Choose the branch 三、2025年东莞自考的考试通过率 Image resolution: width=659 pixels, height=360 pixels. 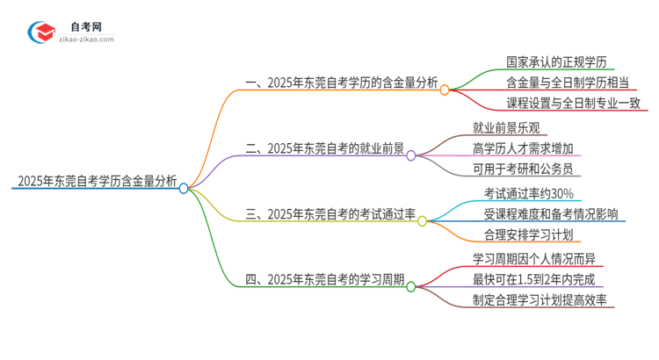click(330, 214)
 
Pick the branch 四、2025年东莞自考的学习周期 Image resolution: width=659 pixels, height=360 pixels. click(324, 280)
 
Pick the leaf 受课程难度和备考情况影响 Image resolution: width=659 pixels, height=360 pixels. click(550, 213)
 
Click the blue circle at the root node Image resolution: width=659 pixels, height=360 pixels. click(184, 187)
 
